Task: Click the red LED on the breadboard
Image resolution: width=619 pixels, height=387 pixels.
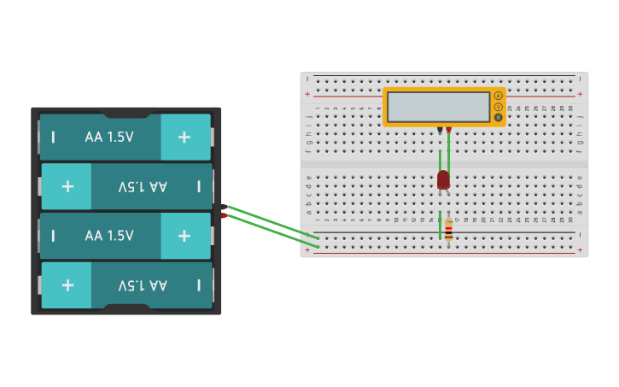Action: (443, 179)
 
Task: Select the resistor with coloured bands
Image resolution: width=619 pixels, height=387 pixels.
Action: (448, 228)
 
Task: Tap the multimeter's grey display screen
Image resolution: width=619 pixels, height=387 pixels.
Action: (438, 107)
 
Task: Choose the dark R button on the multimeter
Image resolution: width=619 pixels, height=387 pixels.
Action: (498, 118)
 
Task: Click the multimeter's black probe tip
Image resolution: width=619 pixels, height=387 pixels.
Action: (440, 130)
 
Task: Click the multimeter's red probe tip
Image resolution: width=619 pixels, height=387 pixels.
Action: (448, 130)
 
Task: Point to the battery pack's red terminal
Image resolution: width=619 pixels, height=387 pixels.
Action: (225, 215)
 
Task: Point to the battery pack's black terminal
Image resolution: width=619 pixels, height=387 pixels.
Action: (225, 207)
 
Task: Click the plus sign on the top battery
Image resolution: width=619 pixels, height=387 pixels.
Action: (184, 137)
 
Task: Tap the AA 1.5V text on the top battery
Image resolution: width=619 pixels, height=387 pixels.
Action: (109, 137)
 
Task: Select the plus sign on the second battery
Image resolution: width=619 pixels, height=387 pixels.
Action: (67, 186)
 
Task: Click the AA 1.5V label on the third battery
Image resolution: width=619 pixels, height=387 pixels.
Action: (109, 236)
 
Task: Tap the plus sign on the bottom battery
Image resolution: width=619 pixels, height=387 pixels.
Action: (67, 285)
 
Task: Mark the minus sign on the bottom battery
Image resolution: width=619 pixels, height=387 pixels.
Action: (199, 285)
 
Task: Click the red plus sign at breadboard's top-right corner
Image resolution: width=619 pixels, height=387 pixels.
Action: (580, 94)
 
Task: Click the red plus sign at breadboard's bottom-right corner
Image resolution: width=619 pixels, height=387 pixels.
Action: (580, 250)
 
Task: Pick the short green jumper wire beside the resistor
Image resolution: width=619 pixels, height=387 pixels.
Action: (441, 224)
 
